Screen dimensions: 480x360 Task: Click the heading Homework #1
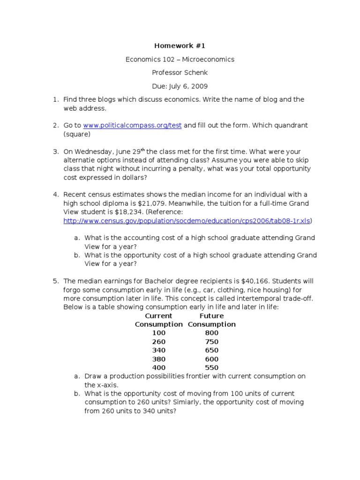pyautogui.click(x=180, y=46)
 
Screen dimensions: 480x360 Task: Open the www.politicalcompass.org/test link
pyautogui.click(x=132, y=126)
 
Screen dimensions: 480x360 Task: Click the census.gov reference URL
pyautogui.click(x=187, y=220)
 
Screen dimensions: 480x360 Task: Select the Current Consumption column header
pyautogui.click(x=159, y=320)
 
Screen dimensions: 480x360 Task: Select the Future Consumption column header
pyautogui.click(x=211, y=320)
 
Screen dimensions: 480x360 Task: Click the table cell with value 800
pyautogui.click(x=211, y=333)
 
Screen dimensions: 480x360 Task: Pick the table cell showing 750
pyautogui.click(x=211, y=342)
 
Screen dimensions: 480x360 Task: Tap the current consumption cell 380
pyautogui.click(x=159, y=359)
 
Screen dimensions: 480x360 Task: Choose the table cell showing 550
pyautogui.click(x=211, y=368)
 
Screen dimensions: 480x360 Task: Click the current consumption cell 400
pyautogui.click(x=159, y=368)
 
